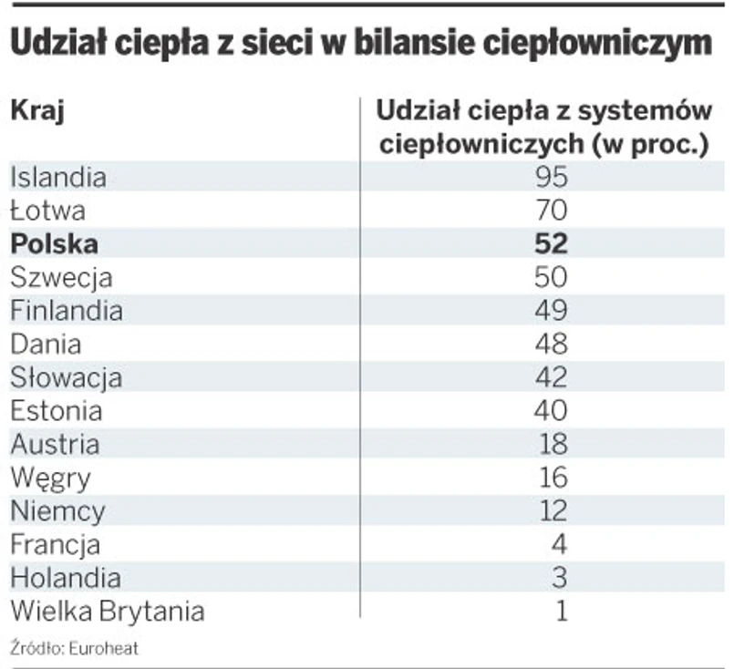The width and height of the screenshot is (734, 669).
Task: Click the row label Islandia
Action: (58, 177)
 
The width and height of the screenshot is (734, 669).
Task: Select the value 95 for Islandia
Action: (553, 177)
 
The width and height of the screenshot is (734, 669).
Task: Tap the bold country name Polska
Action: (54, 243)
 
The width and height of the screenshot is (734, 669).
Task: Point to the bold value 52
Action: (553, 243)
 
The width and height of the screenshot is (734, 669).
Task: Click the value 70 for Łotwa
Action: (553, 211)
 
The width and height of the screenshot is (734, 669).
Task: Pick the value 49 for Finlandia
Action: (553, 311)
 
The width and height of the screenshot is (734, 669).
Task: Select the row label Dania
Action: (46, 345)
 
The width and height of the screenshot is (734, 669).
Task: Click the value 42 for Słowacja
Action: (553, 377)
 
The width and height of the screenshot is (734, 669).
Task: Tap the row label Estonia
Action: (57, 411)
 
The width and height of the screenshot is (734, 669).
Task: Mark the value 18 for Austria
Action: (553, 444)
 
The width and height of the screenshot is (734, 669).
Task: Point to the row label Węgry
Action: (50, 478)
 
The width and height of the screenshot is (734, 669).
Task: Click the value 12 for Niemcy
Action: (553, 510)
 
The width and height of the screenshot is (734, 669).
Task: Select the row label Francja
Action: (56, 545)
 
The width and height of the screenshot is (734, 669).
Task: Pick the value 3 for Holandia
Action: (560, 578)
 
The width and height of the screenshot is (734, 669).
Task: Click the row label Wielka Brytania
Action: (107, 611)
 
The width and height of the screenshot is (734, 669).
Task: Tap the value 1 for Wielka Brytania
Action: (561, 611)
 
